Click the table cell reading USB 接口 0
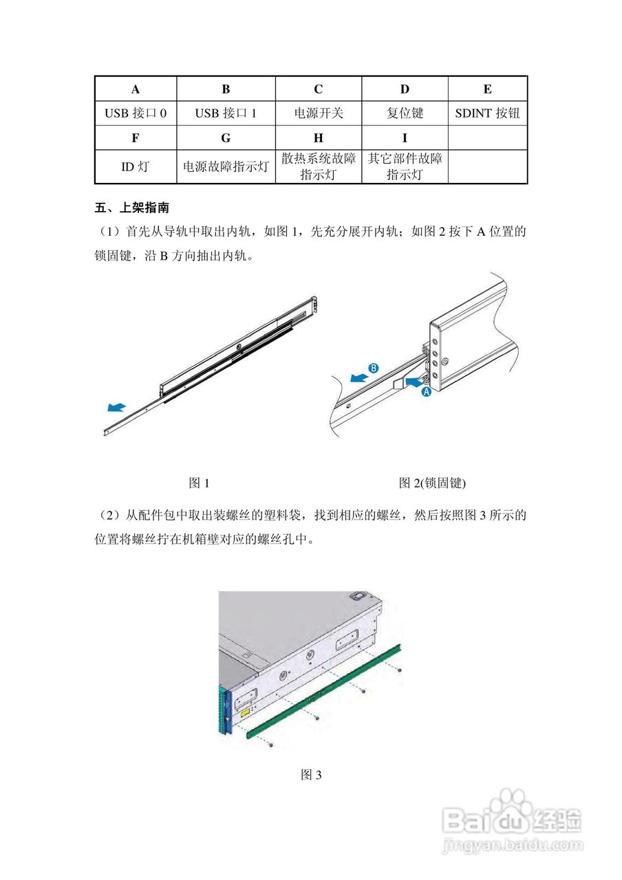(136, 113)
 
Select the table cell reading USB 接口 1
(226, 113)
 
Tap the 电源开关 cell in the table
(318, 113)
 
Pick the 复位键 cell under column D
(405, 113)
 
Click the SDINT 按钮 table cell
(487, 113)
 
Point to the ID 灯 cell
(136, 166)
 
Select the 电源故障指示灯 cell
(226, 166)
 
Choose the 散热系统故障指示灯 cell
(318, 166)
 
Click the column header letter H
(318, 137)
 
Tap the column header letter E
(487, 89)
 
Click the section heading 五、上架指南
(131, 207)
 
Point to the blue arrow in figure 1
(117, 408)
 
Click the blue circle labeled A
(425, 392)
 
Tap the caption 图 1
(199, 483)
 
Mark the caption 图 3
(312, 775)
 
